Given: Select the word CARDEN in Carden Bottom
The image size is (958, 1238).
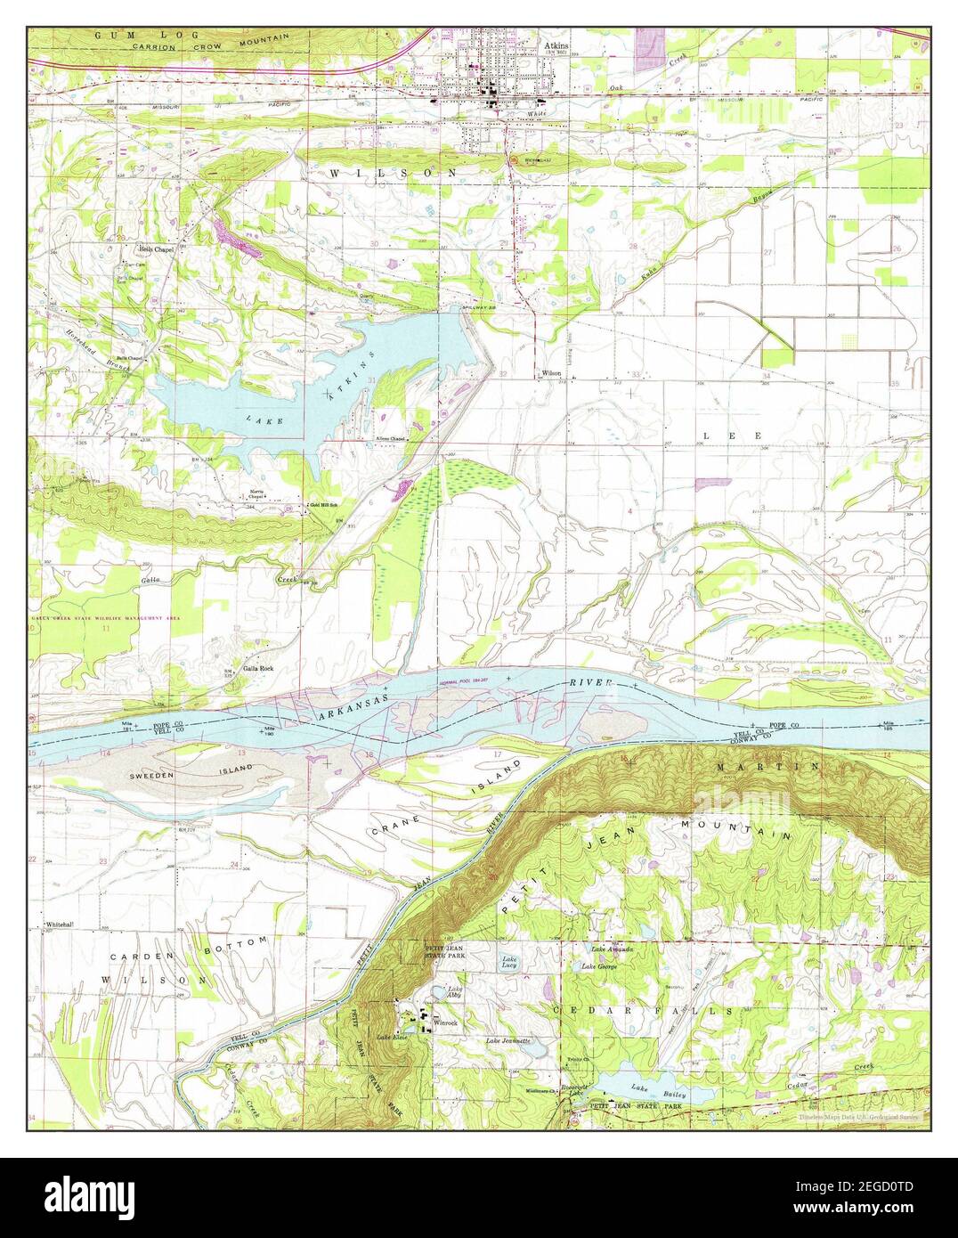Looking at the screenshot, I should [142, 956].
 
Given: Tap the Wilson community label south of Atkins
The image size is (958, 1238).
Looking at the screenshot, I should [551, 373].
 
